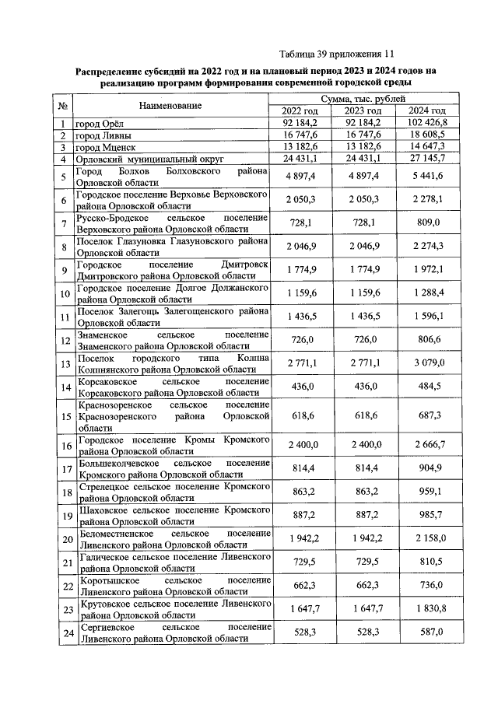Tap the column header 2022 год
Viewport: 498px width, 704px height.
click(293, 111)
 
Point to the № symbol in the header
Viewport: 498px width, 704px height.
click(61, 105)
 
